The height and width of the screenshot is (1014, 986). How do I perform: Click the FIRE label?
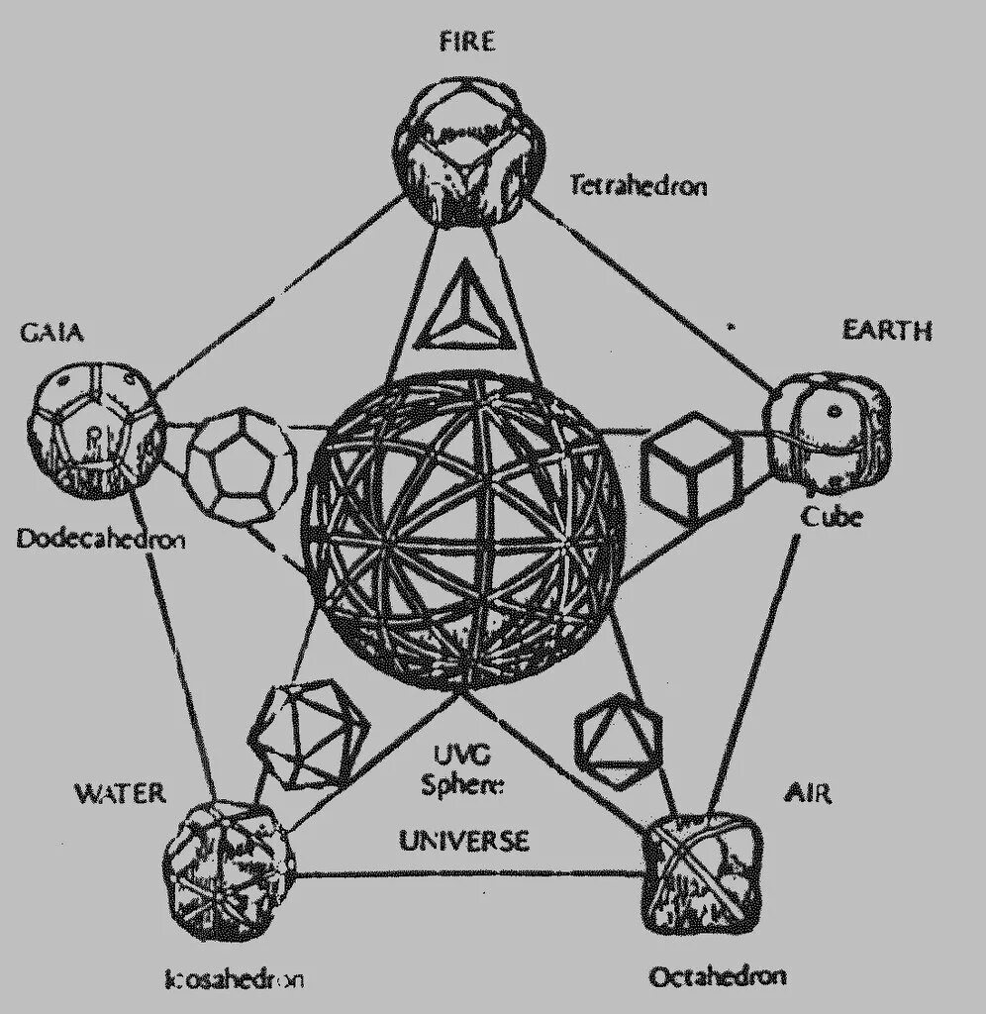pyautogui.click(x=468, y=42)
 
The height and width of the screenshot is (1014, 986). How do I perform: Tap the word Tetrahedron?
pyautogui.click(x=638, y=185)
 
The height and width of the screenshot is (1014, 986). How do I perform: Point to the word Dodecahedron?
pyautogui.click(x=101, y=540)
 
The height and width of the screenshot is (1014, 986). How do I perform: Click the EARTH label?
pyautogui.click(x=886, y=330)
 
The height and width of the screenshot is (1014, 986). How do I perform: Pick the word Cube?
pyautogui.click(x=831, y=516)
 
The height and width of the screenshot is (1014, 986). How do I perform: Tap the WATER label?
pyautogui.click(x=120, y=793)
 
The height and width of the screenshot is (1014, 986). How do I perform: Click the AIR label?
pyautogui.click(x=808, y=793)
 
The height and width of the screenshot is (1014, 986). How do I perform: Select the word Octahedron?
pyautogui.click(x=718, y=976)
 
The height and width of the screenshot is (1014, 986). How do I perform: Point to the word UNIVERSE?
pyautogui.click(x=464, y=841)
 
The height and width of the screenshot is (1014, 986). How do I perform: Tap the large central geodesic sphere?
pyautogui.click(x=465, y=530)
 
